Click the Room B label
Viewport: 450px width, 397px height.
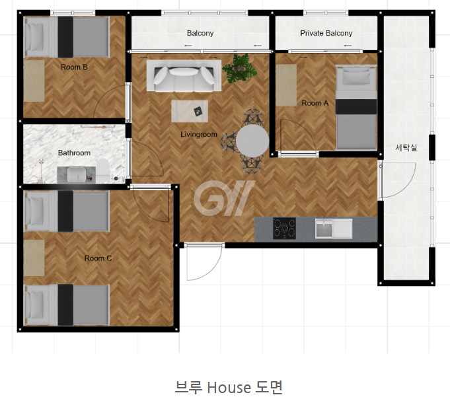point(74,67)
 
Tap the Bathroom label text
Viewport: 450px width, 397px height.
point(74,153)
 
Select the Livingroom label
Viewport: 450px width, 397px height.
point(199,134)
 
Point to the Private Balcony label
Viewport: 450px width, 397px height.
point(326,33)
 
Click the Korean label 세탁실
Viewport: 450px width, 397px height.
point(406,148)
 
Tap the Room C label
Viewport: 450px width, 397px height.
point(98,258)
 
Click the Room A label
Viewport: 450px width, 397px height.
point(315,103)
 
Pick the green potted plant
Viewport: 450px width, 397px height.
point(240,68)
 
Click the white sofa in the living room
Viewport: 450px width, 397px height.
point(184,76)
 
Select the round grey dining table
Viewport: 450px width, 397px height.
point(252,141)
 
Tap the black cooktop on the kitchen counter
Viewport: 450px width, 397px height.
point(284,229)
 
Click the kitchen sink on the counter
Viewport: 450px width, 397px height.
point(334,229)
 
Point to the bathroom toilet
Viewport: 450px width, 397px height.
point(103,170)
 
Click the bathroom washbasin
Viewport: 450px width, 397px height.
point(77,174)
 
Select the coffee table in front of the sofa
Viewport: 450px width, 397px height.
point(190,111)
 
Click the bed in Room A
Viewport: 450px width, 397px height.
point(356,108)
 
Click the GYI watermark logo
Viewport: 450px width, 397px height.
point(224,198)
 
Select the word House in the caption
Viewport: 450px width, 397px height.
point(229,387)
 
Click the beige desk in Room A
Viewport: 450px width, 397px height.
point(286,85)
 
